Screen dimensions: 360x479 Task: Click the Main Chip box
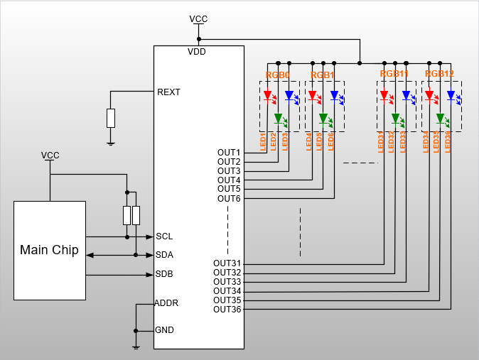(50, 250)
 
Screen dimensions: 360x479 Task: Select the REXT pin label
(168, 92)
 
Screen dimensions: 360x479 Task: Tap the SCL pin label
(164, 236)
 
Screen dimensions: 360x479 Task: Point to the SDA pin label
(164, 255)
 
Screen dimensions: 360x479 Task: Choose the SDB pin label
(164, 274)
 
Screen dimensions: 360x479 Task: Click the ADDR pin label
(166, 303)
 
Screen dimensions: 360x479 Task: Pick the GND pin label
(165, 330)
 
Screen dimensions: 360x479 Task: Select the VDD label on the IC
(198, 52)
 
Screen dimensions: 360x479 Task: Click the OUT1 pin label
(229, 153)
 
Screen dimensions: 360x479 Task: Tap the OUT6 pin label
(229, 198)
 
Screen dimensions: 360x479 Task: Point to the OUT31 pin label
(227, 263)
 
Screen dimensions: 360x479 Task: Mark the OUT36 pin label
(227, 309)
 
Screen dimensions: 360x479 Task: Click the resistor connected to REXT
(111, 118)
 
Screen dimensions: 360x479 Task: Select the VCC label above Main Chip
(50, 155)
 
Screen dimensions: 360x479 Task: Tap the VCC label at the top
(199, 18)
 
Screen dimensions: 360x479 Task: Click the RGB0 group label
(278, 75)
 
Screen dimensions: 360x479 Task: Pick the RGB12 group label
(439, 73)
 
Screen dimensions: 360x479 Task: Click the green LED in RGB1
(323, 118)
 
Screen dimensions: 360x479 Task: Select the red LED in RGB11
(384, 95)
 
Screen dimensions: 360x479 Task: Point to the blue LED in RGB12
(451, 95)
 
